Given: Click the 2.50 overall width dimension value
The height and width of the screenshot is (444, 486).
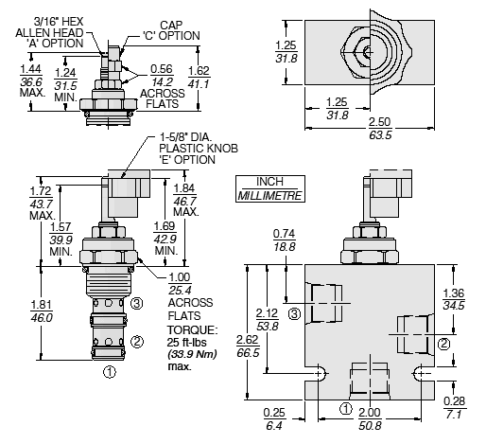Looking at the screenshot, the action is coord(380,122).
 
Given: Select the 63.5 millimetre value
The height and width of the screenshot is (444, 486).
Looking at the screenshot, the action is coord(380,135).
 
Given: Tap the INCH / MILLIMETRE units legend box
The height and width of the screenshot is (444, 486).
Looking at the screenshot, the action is coord(270,188).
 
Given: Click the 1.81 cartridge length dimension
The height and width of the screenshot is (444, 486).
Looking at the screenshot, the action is coord(42,305).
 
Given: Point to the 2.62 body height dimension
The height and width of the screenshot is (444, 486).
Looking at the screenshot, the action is coord(248,340).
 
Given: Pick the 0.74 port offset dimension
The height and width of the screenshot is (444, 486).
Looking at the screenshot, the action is coord(285,234).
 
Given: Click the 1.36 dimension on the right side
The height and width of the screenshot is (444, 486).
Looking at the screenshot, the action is coord(454,293).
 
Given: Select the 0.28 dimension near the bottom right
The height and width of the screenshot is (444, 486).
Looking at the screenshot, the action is coord(454,401).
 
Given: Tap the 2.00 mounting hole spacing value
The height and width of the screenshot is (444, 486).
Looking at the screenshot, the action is coord(370,413).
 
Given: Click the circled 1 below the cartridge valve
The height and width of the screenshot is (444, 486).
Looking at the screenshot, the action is coord(110,372).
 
